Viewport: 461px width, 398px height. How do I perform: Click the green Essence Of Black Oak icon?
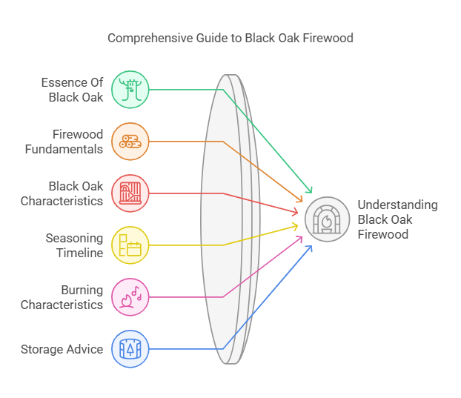coord(130,90)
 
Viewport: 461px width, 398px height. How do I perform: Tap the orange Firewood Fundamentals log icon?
coord(130,142)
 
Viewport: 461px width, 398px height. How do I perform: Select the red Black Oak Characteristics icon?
coord(130,193)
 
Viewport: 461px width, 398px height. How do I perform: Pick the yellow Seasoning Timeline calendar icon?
coord(130,245)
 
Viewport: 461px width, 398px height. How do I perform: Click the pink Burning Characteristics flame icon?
coord(130,297)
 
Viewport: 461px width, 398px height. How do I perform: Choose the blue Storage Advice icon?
coord(130,349)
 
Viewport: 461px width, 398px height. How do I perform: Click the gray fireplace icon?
coord(327,219)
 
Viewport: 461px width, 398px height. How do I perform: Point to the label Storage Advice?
coord(62,349)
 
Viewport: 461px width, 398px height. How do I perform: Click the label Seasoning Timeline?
coord(74,245)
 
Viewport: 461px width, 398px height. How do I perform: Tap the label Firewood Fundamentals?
coord(72,142)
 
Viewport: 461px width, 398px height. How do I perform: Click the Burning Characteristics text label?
coord(62,297)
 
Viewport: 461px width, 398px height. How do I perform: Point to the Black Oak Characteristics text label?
coord(62,193)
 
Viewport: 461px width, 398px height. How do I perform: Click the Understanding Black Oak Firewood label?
coord(397,219)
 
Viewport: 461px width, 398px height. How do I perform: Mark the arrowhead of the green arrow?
coord(310,192)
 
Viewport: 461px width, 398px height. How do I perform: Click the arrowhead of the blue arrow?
coord(309,247)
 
